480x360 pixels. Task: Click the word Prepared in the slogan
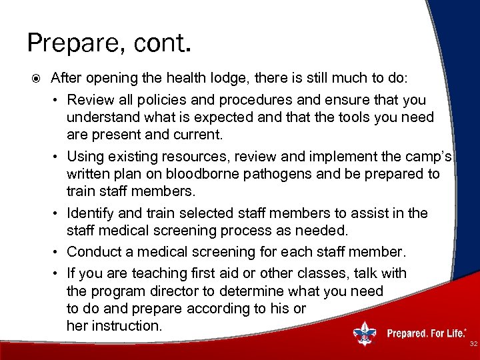point(408,333)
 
